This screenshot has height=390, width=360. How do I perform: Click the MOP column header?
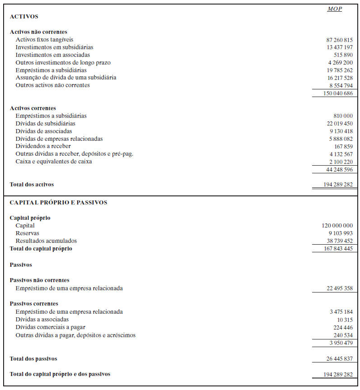pyautogui.click(x=334, y=9)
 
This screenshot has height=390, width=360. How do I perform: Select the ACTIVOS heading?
pyautogui.click(x=24, y=17)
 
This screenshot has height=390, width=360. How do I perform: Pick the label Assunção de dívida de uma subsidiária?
pyautogui.click(x=66, y=78)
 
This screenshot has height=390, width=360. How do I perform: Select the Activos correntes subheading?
pyautogui.click(x=33, y=108)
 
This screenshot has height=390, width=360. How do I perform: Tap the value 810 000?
pyautogui.click(x=343, y=116)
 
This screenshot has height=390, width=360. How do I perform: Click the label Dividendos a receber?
pyautogui.click(x=43, y=146)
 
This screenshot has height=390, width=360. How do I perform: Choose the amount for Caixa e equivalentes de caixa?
pyautogui.click(x=341, y=162)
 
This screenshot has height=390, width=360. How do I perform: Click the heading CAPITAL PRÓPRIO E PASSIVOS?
pyautogui.click(x=58, y=203)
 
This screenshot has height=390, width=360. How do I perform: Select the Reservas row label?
pyautogui.click(x=27, y=233)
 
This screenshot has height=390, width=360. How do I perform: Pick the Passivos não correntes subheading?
pyautogui.click(x=39, y=280)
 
